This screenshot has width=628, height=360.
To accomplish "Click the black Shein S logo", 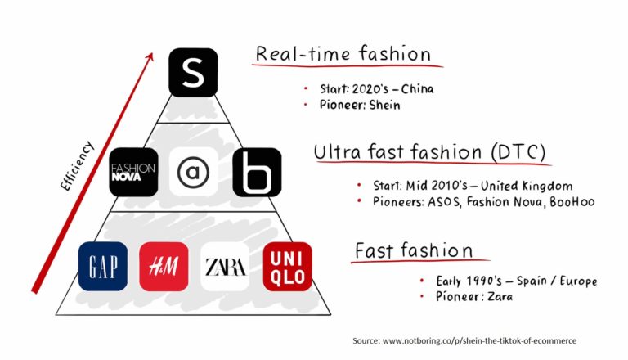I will (193, 72).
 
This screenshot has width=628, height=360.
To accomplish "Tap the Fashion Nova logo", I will (133, 172).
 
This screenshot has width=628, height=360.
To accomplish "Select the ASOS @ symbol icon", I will (194, 172).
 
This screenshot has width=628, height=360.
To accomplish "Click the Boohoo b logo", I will (257, 172).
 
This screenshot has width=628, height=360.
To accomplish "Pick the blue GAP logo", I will (103, 267).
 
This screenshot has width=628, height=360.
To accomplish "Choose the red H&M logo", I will (164, 267).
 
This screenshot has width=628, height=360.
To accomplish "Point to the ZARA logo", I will (225, 267).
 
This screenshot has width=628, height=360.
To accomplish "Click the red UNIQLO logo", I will (287, 267).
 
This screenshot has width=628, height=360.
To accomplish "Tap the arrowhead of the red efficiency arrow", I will (150, 56).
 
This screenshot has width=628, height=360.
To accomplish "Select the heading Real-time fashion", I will (343, 54).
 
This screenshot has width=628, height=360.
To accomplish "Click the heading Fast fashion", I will (413, 250).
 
